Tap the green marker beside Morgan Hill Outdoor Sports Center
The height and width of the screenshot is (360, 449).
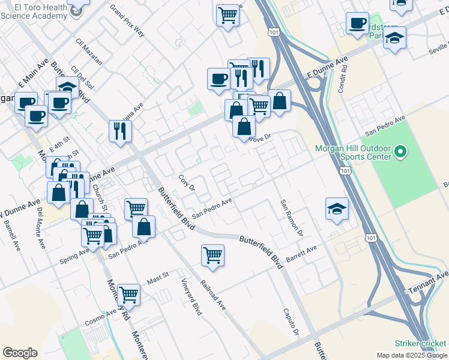pyautogui.click(x=403, y=153)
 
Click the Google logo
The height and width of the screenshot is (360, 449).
pyautogui.click(x=20, y=353)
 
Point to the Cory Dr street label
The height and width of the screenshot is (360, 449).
pyautogui.click(x=187, y=183)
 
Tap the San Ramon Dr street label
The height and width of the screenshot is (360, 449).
pyautogui.click(x=292, y=217)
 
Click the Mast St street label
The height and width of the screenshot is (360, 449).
pyautogui.click(x=158, y=279)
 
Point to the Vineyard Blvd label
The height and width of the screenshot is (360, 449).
pyautogui.click(x=191, y=298)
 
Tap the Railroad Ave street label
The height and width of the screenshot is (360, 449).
pyautogui.click(x=213, y=295)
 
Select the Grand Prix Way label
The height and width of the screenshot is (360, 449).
pyautogui.click(x=128, y=20)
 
